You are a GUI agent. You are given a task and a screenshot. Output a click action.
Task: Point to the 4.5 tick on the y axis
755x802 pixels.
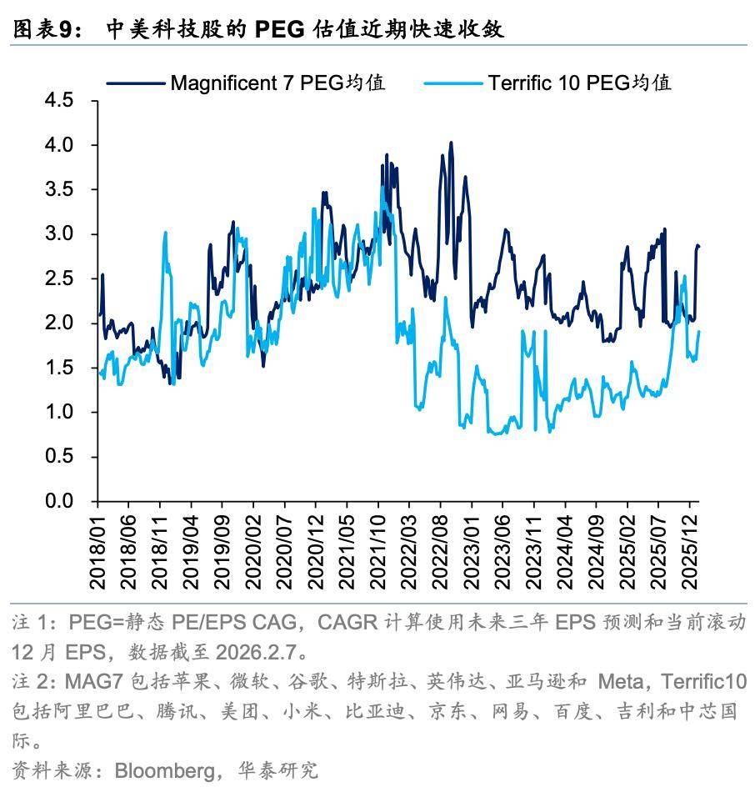(59, 100)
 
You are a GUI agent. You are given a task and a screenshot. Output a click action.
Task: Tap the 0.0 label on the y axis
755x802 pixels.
(59, 501)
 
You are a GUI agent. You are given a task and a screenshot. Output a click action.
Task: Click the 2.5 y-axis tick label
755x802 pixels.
(59, 278)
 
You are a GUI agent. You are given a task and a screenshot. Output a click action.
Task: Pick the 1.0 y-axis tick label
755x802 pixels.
(59, 412)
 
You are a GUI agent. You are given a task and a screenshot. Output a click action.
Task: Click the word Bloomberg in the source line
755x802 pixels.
(164, 769)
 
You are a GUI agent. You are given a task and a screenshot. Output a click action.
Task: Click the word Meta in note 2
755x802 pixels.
(621, 683)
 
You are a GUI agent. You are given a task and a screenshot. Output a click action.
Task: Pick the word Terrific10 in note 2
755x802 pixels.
(702, 683)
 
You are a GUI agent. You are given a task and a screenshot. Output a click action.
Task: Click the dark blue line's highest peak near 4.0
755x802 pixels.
(451, 143)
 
